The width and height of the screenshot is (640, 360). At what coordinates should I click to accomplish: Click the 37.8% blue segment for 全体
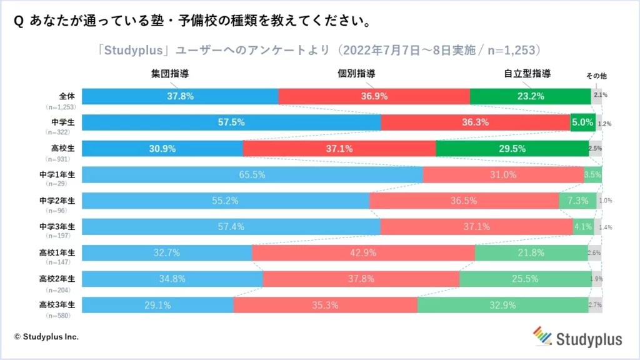click(180, 96)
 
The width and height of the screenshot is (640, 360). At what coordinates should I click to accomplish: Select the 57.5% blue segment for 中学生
click(231, 122)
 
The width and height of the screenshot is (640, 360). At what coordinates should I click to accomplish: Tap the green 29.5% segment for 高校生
click(512, 149)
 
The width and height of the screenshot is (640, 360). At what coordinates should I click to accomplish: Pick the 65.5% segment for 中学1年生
click(252, 175)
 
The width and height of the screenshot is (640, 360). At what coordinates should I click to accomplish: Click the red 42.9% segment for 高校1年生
click(363, 253)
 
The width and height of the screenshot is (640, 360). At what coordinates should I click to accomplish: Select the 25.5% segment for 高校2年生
click(525, 279)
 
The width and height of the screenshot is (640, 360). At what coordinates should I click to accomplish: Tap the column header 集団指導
click(170, 74)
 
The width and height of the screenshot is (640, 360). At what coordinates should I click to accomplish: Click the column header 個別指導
click(357, 74)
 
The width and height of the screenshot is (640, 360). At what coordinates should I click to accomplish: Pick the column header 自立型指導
click(527, 74)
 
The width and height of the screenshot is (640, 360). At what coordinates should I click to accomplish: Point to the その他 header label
click(596, 76)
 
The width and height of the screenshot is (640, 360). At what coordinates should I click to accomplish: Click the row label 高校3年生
click(57, 305)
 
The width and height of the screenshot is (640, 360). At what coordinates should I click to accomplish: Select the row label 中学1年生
click(57, 174)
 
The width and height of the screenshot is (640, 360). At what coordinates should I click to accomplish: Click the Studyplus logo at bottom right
click(577, 337)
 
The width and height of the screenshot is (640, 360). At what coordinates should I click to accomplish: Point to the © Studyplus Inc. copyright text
click(46, 337)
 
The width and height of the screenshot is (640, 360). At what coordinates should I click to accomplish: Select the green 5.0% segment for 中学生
click(582, 122)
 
